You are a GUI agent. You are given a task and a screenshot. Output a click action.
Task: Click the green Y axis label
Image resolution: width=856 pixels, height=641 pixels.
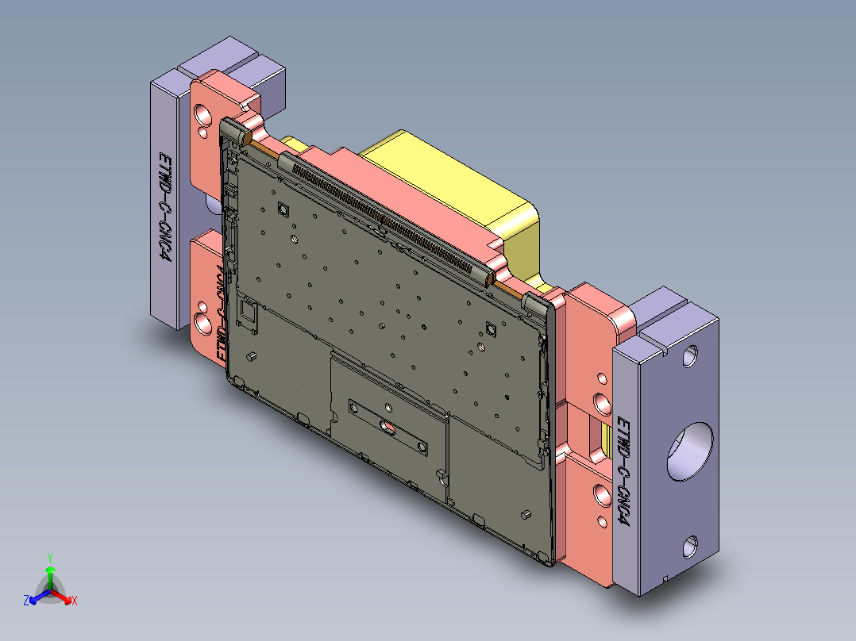(49, 557)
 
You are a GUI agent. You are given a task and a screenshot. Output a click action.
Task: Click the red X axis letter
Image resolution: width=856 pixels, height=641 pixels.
(74, 601)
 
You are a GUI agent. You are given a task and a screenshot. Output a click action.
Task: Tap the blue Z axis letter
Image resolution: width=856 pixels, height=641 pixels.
(26, 601)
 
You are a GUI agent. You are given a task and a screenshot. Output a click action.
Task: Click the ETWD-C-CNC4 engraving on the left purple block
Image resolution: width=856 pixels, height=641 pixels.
(164, 205)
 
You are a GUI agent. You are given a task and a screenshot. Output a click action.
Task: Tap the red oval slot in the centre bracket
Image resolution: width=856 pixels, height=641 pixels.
(388, 428)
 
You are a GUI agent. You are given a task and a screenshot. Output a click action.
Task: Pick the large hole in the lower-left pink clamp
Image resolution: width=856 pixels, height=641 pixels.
(204, 324)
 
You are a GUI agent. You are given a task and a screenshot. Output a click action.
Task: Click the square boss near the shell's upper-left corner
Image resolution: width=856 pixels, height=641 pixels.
(281, 209)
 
